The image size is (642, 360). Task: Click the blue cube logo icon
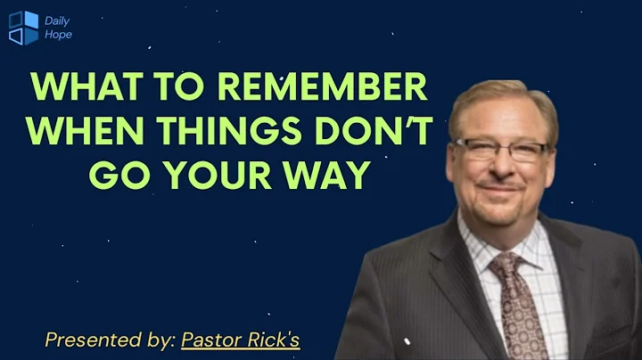[23, 27]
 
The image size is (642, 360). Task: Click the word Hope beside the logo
[58, 35]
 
